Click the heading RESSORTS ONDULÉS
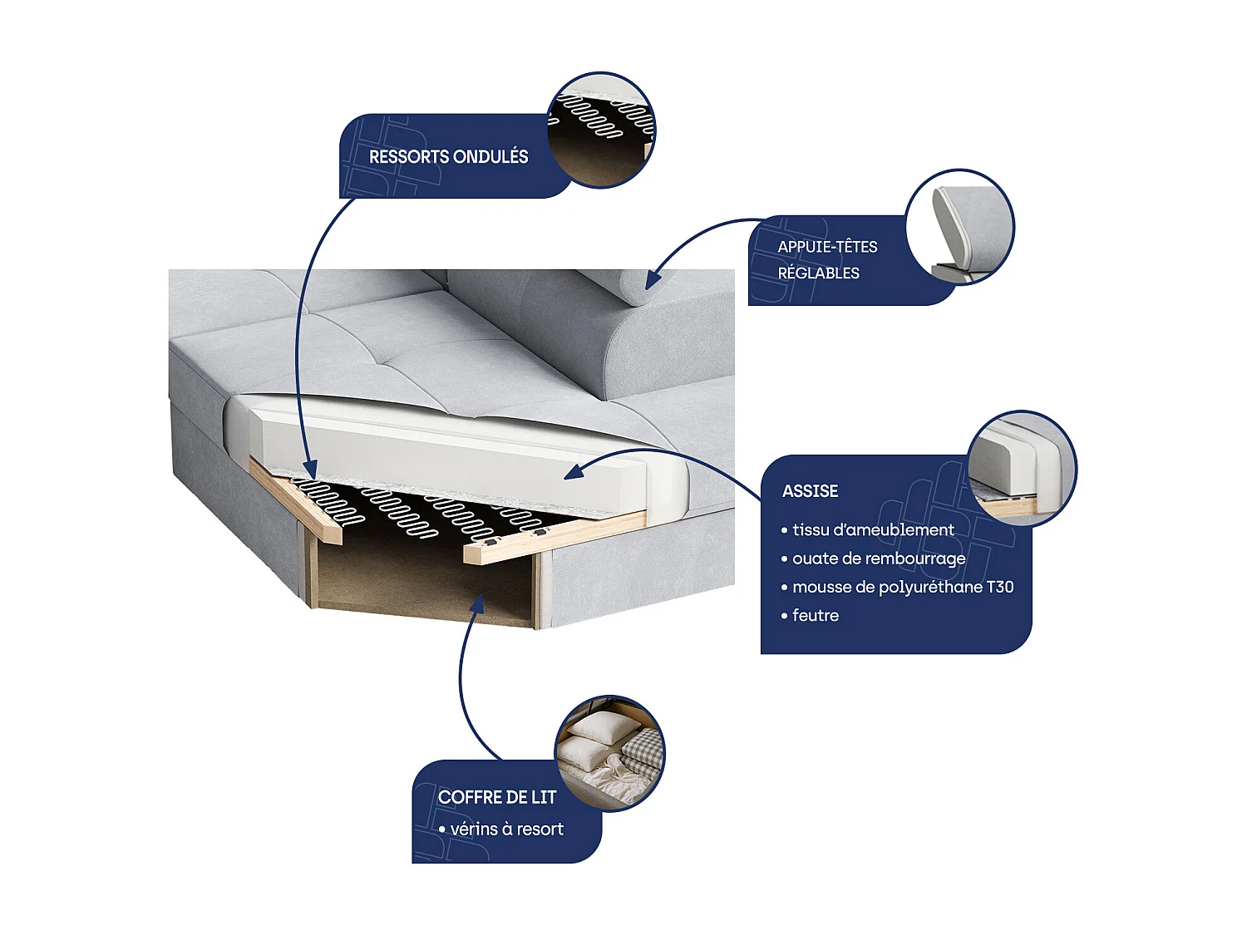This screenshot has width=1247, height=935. (x=448, y=156)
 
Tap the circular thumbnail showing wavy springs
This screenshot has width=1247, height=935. (x=601, y=129)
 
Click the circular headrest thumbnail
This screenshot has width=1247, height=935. (x=959, y=226)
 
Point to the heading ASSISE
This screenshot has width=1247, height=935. (x=810, y=491)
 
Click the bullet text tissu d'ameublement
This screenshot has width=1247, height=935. (x=873, y=529)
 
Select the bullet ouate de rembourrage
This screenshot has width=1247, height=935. (x=879, y=559)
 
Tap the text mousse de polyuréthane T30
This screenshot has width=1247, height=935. (x=903, y=587)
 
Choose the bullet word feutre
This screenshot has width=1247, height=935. (x=815, y=616)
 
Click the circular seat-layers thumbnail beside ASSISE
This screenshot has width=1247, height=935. (x=1022, y=468)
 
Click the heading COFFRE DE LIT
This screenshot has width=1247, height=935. (x=496, y=797)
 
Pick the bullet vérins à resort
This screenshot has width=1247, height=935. (x=506, y=829)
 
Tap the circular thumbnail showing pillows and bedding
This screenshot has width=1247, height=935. (x=609, y=753)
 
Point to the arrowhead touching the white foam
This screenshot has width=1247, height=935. (x=574, y=473)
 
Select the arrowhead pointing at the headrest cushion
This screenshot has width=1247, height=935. (x=653, y=280)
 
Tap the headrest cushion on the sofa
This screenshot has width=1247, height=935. (x=615, y=287)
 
